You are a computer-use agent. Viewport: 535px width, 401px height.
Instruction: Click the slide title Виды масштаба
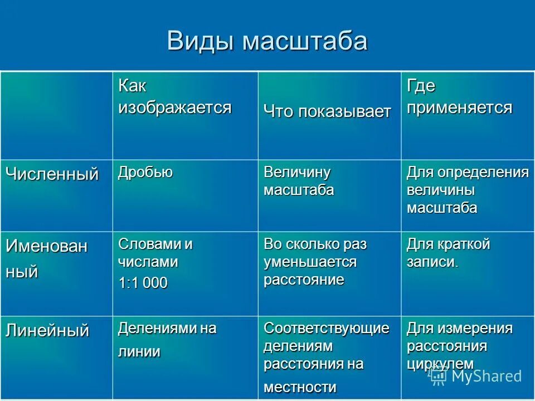[x=267, y=41]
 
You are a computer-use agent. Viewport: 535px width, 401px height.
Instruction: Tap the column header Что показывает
[x=327, y=111]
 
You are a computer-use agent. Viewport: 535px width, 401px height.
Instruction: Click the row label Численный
[x=52, y=174]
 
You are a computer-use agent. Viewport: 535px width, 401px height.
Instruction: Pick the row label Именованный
[x=47, y=258]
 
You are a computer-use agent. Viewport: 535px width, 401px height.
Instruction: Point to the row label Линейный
[x=47, y=330]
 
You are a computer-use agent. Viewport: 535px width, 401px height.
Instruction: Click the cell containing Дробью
[x=145, y=172]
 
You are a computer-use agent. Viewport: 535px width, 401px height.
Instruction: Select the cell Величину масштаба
[x=299, y=181]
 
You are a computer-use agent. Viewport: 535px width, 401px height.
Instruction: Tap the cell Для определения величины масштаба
[x=467, y=190]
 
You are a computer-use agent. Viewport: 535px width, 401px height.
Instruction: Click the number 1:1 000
[x=143, y=282]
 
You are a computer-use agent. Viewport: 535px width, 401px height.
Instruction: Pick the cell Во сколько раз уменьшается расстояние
[x=315, y=262]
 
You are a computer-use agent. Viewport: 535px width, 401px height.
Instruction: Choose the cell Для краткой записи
[x=448, y=253]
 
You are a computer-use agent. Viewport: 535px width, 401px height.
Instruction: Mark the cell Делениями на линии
[x=167, y=340]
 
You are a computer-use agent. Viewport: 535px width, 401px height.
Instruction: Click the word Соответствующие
[x=326, y=328]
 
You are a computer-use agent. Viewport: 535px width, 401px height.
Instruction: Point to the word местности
[x=300, y=387]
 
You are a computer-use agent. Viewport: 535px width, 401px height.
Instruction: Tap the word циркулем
[x=440, y=364]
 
